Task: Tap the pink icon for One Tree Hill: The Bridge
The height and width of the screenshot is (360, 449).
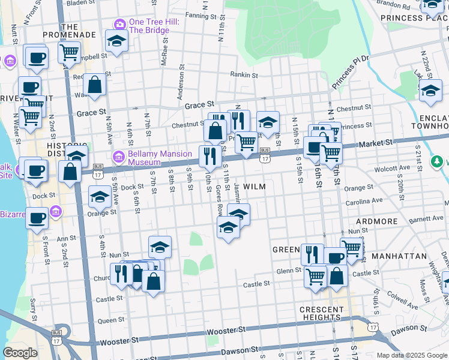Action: [118, 24]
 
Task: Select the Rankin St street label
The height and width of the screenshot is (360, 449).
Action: [244, 76]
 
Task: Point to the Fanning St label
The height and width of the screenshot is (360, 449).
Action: [200, 15]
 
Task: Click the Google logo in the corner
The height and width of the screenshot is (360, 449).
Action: [20, 353]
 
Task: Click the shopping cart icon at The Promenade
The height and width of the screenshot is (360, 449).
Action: [70, 52]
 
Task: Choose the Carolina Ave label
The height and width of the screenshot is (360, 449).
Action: [368, 200]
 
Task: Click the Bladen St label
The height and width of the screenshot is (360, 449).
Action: [83, 3]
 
